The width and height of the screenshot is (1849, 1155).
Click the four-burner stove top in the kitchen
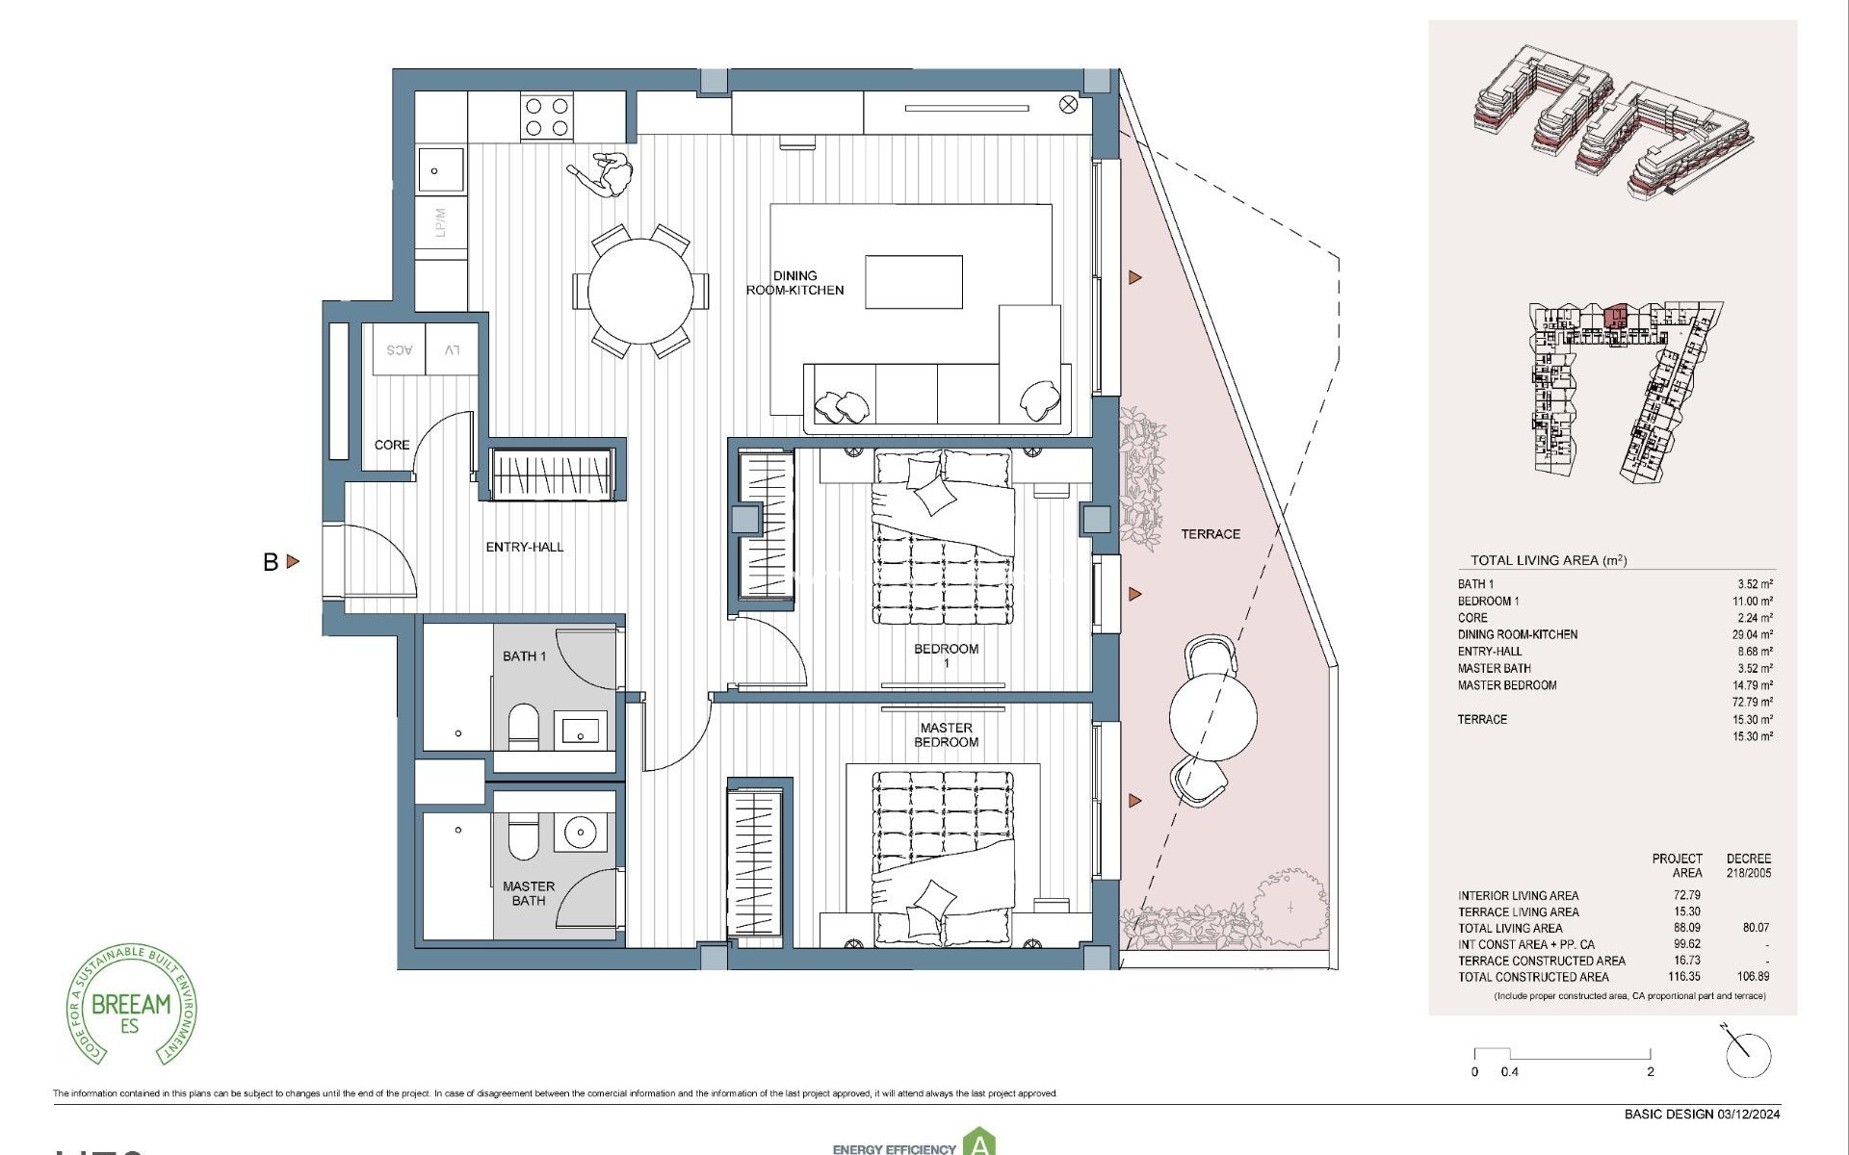(x=547, y=117)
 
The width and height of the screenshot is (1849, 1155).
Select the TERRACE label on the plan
(x=1211, y=534)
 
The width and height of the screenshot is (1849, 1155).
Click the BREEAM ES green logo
(x=130, y=1005)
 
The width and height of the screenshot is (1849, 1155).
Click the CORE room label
(x=392, y=445)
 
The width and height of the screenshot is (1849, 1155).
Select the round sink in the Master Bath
(x=581, y=833)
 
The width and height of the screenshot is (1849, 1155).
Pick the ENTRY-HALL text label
(x=525, y=547)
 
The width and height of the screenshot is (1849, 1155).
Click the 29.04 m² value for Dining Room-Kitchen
(x=1752, y=634)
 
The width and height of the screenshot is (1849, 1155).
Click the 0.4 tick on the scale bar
(x=1509, y=1071)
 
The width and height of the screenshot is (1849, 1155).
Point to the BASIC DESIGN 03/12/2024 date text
(x=1702, y=1115)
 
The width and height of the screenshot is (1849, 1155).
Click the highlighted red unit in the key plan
(x=1616, y=315)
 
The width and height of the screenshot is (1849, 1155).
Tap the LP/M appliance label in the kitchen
(x=441, y=223)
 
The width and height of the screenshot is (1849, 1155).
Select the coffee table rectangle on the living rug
(x=913, y=282)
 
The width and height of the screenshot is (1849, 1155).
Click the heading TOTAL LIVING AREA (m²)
(x=1549, y=560)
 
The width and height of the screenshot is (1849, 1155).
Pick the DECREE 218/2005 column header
(x=1748, y=865)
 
